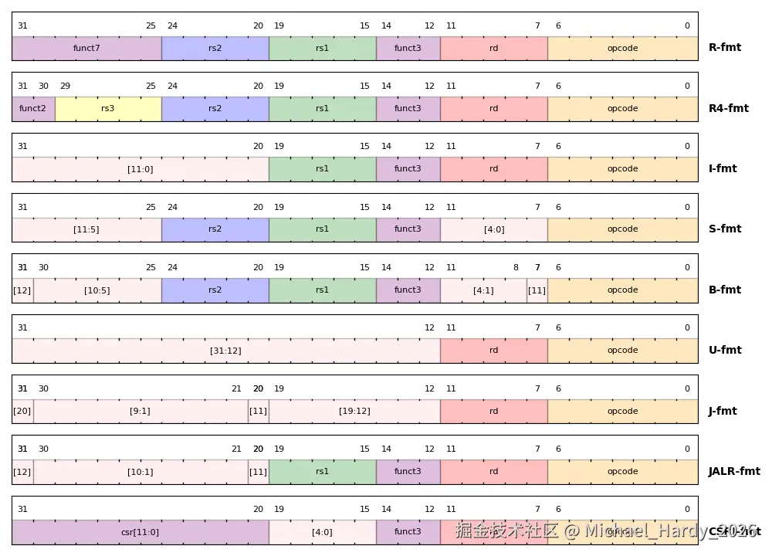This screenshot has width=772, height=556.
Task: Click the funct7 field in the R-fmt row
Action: click(x=86, y=48)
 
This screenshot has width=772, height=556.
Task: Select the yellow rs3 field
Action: click(x=108, y=109)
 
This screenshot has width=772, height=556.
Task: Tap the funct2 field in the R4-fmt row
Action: click(x=33, y=109)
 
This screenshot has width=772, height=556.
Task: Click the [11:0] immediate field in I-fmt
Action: click(x=140, y=169)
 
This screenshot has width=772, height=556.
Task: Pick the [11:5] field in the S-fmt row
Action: click(x=86, y=229)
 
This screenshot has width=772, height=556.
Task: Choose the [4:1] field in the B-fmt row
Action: click(x=483, y=290)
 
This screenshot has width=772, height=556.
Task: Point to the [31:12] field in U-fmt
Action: click(x=225, y=351)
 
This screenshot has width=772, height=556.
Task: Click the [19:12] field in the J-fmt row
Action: click(x=354, y=411)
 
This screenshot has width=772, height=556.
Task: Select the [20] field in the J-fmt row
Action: click(x=22, y=411)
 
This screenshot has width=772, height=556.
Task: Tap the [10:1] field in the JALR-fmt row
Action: click(x=140, y=472)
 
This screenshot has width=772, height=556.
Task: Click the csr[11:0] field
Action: click(x=140, y=532)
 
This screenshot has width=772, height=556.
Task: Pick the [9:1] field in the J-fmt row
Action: click(x=140, y=411)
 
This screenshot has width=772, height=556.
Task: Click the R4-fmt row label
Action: click(x=729, y=109)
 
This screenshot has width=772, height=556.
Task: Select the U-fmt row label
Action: click(x=725, y=351)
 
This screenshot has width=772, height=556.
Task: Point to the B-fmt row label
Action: click(x=725, y=290)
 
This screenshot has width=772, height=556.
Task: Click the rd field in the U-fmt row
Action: click(x=494, y=351)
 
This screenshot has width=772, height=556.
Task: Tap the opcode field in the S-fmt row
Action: click(x=622, y=229)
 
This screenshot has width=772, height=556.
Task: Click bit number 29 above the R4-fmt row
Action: click(x=65, y=86)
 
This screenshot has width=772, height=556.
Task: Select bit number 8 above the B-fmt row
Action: click(x=516, y=268)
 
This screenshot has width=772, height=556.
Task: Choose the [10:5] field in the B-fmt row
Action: click(x=97, y=290)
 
